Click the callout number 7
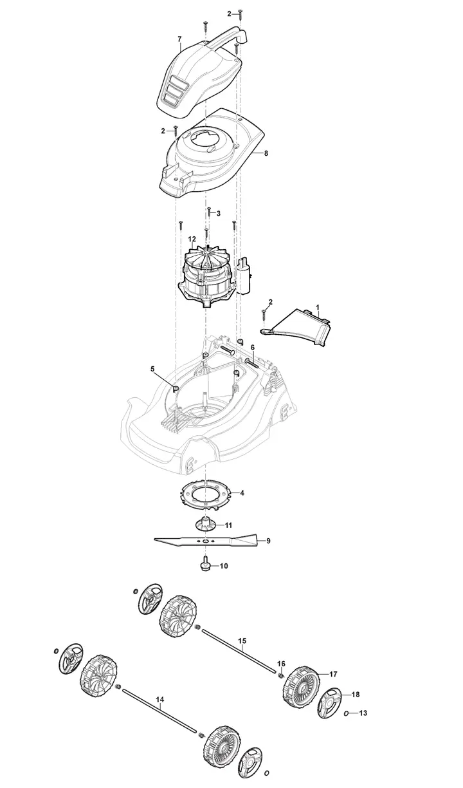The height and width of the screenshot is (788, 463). click(x=179, y=39)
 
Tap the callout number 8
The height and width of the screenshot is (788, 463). click(x=266, y=153)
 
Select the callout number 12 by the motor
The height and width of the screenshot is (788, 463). click(x=192, y=239)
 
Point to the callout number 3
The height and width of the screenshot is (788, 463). click(x=218, y=213)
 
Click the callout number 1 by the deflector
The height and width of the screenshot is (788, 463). click(x=318, y=307)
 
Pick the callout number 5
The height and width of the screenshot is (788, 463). click(x=152, y=369)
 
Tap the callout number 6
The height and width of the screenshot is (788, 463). click(x=253, y=347)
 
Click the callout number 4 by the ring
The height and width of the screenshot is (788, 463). click(x=242, y=493)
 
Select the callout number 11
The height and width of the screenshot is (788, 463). click(x=228, y=525)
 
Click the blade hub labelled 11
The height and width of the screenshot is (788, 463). click(x=204, y=524)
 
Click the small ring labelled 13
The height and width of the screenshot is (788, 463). click(x=347, y=713)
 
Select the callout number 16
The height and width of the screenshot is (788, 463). click(x=282, y=664)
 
